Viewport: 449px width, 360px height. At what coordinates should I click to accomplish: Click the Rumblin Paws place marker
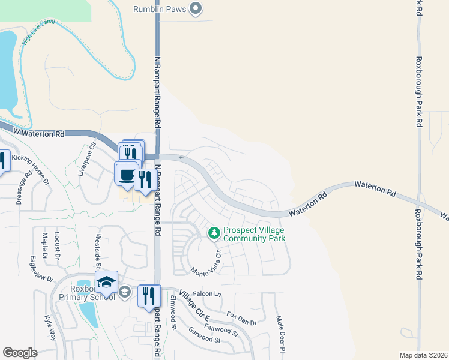pyautogui.click(x=195, y=8)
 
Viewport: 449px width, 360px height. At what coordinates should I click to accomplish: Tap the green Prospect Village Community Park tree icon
pyautogui.click(x=213, y=232)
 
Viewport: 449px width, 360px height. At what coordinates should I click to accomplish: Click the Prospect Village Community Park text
pyautogui.click(x=253, y=234)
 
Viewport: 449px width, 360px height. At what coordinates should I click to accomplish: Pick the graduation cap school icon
pyautogui.click(x=106, y=282)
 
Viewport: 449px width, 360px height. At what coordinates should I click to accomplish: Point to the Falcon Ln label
pyautogui.click(x=208, y=294)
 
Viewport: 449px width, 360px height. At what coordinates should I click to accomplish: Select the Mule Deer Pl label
pyautogui.click(x=279, y=334)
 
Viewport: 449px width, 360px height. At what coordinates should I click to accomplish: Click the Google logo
pyautogui.click(x=20, y=353)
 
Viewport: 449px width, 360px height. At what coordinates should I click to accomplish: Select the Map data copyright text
pyautogui.click(x=424, y=355)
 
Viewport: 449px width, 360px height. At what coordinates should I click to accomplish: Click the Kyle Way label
pyautogui.click(x=50, y=329)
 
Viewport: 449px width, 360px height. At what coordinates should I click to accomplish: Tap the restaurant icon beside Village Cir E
pyautogui.click(x=149, y=295)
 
